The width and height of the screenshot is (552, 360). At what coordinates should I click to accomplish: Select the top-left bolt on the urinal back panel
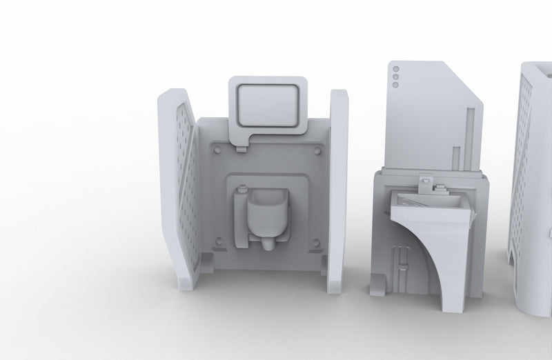pos(218,148)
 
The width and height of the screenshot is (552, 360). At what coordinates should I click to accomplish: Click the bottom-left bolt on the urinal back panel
pos(219,241)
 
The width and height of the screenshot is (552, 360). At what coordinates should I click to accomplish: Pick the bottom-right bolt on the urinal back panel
pos(317,241)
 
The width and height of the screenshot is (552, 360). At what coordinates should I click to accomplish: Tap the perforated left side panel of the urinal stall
pos(183,186)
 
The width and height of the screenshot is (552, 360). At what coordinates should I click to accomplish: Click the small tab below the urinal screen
pos(241,146)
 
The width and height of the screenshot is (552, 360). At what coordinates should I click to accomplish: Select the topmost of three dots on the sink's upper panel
pos(395,69)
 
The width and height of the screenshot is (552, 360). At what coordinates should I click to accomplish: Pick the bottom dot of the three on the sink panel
pos(395,86)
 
